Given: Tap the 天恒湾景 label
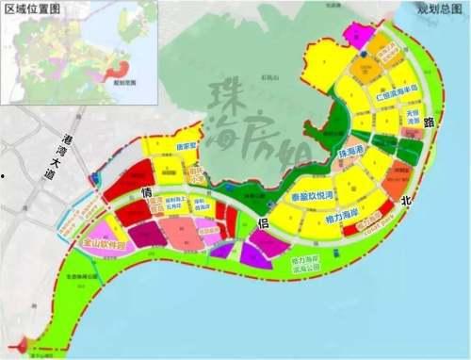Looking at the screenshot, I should (x=411, y=125).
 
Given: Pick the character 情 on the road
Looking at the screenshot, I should (x=147, y=194).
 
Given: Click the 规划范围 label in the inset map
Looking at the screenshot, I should (x=123, y=83).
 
